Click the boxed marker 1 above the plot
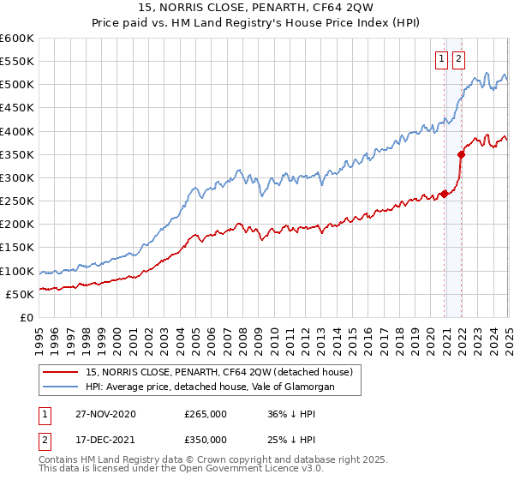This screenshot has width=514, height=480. [441, 59]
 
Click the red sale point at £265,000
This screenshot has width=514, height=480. [445, 194]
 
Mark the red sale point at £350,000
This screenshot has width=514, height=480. [461, 154]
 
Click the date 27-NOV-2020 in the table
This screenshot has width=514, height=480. [106, 414]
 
